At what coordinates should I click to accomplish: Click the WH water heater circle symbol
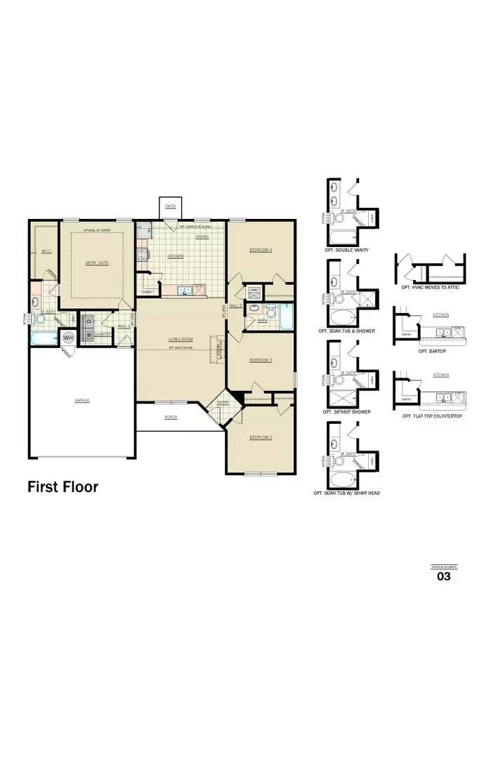[68, 338]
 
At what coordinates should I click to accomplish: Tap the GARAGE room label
[82, 401]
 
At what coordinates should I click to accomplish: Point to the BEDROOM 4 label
[261, 251]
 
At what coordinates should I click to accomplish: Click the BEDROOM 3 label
[261, 360]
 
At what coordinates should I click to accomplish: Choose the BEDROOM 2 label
[260, 437]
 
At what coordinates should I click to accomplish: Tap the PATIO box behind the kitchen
[171, 206]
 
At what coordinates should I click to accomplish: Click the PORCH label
[171, 417]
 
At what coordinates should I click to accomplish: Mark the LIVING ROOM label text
[181, 340]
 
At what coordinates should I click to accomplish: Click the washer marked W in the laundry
[89, 335]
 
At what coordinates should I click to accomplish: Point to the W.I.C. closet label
[46, 251]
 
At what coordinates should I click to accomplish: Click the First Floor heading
[63, 486]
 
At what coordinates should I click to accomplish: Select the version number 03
[443, 577]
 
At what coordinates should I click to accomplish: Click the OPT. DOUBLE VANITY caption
[347, 251]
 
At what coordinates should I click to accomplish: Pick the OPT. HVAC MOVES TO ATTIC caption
[431, 288]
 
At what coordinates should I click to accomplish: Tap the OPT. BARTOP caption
[433, 351]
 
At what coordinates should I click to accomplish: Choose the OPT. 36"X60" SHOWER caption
[347, 412]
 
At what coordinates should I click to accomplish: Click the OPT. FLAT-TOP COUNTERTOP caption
[432, 416]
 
